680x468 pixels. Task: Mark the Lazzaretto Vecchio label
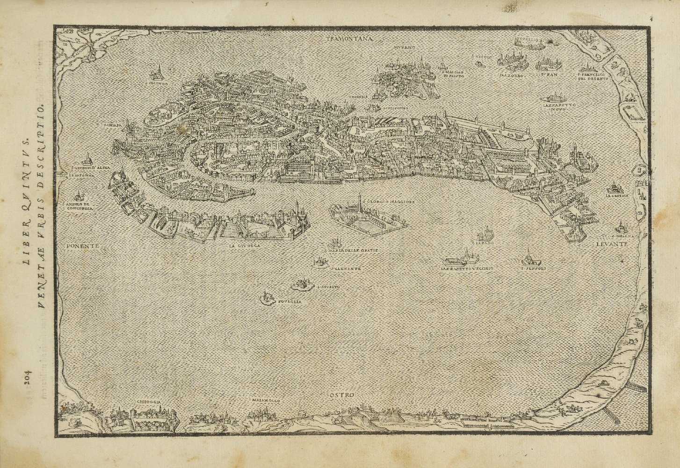466,269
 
